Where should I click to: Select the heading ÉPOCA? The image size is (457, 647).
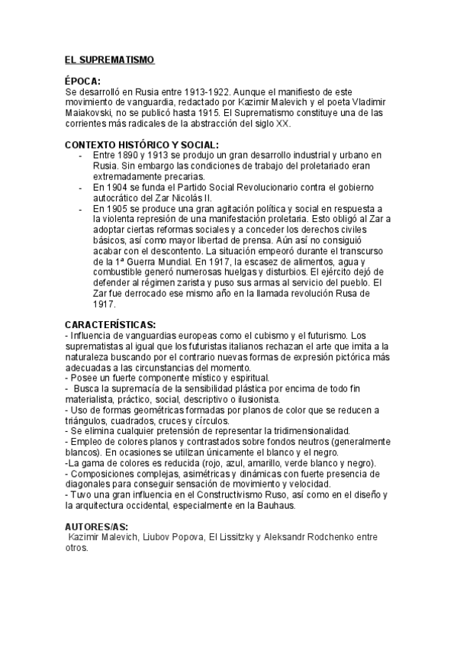coord(82,79)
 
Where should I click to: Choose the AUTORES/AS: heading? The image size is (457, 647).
coord(97,527)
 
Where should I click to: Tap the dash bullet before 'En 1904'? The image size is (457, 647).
coord(80,187)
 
